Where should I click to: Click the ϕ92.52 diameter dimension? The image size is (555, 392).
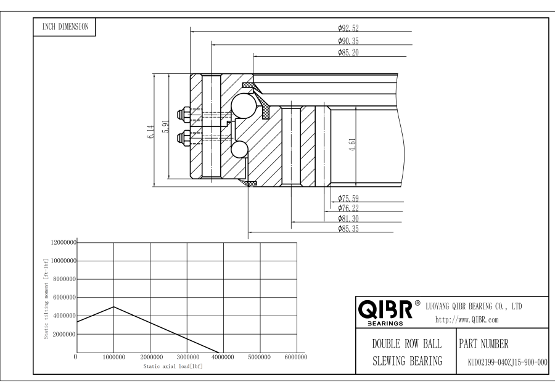348,28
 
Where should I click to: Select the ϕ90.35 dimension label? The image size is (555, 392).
348,41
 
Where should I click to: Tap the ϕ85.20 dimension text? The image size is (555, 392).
348,53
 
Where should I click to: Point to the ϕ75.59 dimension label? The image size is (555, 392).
348,198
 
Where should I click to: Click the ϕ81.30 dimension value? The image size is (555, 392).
348,219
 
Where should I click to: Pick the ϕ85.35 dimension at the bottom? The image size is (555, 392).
348,229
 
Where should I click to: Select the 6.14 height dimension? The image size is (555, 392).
151,132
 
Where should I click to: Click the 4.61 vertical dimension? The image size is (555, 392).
352,145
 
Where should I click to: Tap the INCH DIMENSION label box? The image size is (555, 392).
64,27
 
